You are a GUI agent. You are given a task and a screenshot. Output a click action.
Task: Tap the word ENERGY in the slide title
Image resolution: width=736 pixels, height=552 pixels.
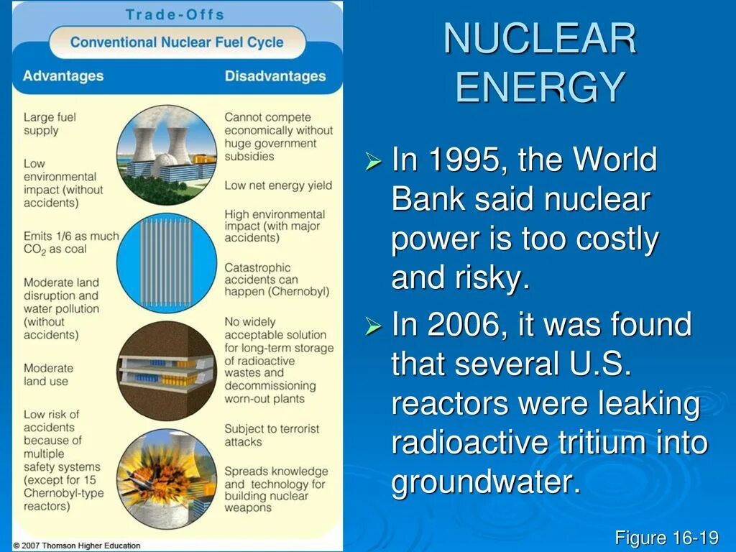[x=540, y=87]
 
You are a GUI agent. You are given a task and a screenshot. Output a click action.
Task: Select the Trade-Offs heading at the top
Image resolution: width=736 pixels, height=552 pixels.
[x=175, y=14]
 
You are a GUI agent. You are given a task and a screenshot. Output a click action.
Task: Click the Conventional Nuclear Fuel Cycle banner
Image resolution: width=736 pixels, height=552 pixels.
[x=177, y=42]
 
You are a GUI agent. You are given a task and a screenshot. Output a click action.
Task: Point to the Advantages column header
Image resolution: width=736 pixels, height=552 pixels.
[x=63, y=76]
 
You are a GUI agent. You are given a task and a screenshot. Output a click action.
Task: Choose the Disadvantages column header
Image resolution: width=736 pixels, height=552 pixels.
[x=275, y=76]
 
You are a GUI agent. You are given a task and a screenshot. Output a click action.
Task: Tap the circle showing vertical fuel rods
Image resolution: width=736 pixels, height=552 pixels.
[x=166, y=263]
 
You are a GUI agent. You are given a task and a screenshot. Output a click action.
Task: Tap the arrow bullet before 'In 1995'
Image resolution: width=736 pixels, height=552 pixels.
[x=372, y=162]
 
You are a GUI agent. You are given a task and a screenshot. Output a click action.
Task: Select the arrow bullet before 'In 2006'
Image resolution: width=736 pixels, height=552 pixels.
[x=372, y=327]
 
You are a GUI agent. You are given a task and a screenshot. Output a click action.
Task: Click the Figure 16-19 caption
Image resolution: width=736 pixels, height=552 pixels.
[x=666, y=537]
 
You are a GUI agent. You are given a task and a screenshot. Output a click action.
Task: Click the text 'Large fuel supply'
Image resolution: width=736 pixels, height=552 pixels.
[x=50, y=124]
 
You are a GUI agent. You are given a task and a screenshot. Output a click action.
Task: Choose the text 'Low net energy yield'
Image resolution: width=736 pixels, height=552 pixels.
[x=278, y=185]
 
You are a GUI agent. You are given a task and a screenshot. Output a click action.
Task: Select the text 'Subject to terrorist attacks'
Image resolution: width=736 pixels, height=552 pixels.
[x=272, y=435]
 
